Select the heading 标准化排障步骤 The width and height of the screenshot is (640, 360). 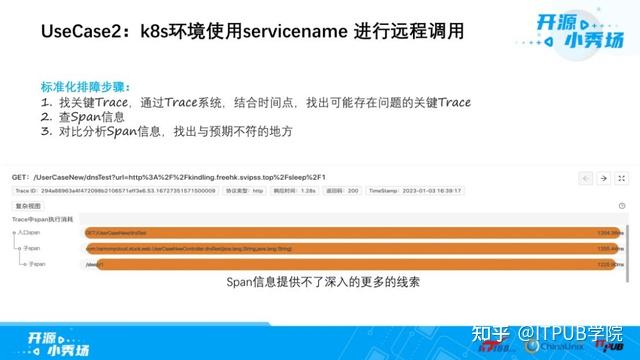click(x=86, y=87)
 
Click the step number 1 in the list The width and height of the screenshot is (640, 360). click(x=45, y=102)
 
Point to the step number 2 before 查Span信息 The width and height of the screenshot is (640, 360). click(x=45, y=117)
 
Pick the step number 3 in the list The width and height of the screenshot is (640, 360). click(x=45, y=131)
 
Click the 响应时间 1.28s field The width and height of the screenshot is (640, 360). click(x=284, y=190)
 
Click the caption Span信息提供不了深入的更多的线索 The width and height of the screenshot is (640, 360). click(x=318, y=283)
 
